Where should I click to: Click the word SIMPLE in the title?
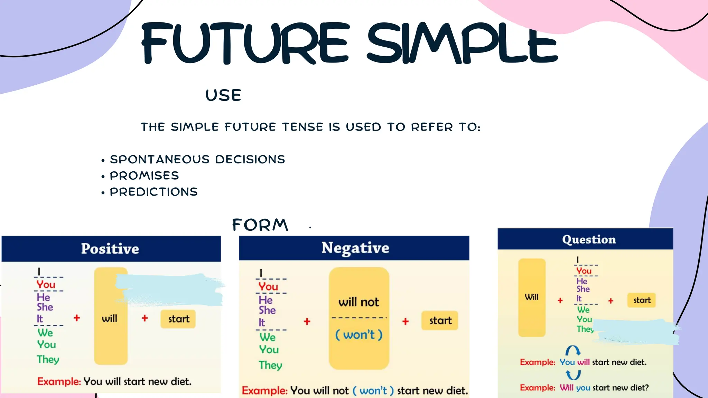[462, 43]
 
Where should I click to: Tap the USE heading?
[223, 95]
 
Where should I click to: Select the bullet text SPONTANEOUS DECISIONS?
[197, 159]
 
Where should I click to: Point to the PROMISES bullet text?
[145, 176]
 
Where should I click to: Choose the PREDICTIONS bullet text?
[153, 192]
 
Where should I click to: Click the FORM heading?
[260, 225]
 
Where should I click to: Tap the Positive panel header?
[110, 249]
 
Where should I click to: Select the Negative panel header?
[355, 248]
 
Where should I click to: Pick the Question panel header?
[589, 239]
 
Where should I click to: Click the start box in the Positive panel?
[178, 319]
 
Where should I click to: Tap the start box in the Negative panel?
[440, 321]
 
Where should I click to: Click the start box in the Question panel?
[642, 300]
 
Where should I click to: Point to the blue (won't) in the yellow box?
[359, 335]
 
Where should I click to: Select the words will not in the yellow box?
[359, 302]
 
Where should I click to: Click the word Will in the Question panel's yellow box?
[532, 297]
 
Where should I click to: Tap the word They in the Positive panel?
[48, 360]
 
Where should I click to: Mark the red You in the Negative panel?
[268, 286]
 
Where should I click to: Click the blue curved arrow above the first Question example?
[573, 351]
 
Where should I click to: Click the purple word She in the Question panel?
[583, 289]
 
